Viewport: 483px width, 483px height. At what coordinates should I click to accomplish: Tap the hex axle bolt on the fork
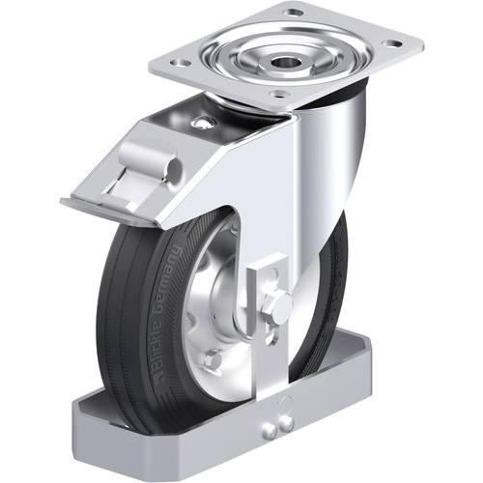[278, 305]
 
